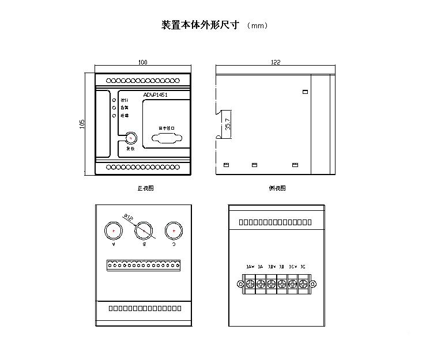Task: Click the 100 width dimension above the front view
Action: tap(143, 62)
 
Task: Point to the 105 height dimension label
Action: tap(82, 124)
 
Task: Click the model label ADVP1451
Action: tap(155, 96)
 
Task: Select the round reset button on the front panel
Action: tap(131, 138)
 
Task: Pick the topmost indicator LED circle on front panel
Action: tap(114, 100)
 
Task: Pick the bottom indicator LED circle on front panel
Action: tap(114, 115)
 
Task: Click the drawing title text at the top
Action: tap(199, 25)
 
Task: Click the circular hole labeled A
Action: tap(114, 230)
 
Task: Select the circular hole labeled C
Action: tap(174, 230)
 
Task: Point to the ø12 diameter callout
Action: tap(127, 217)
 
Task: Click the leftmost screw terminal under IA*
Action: tap(250, 283)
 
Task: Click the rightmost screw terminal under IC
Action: tap(302, 283)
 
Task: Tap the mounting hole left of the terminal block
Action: tap(240, 283)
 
